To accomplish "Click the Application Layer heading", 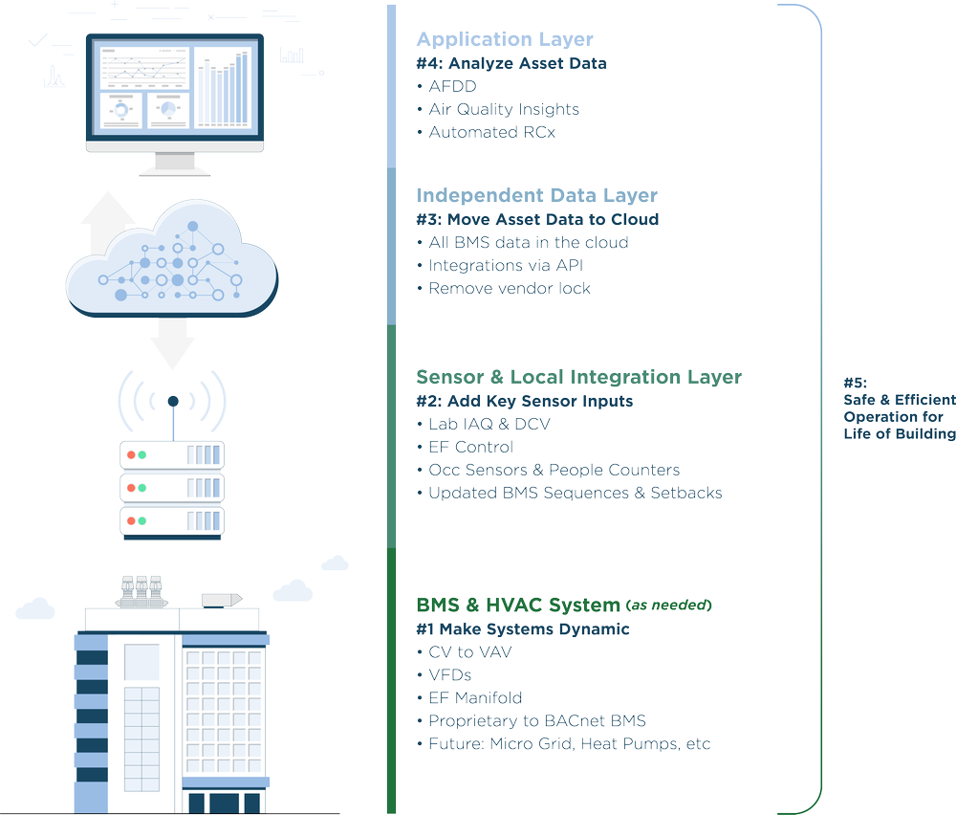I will pyautogui.click(x=504, y=39).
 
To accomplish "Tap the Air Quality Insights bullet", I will pyautogui.click(x=498, y=109).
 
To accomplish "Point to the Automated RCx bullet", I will pyautogui.click(x=486, y=132).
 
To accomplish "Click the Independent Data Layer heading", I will pyautogui.click(x=536, y=195).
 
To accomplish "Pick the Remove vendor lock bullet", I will pyautogui.click(x=504, y=288).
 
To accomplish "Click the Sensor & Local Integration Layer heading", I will pyautogui.click(x=578, y=377).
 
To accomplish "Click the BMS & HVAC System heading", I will pyautogui.click(x=517, y=605).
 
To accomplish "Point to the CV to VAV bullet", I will pyautogui.click(x=465, y=652).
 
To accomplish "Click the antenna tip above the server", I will pyautogui.click(x=173, y=400).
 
